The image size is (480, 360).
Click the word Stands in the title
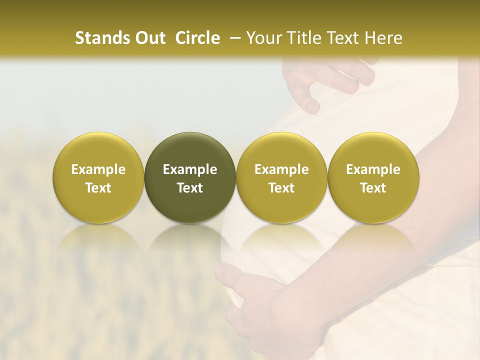(102, 38)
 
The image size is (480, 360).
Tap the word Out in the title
(149, 38)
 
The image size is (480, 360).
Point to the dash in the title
(233, 38)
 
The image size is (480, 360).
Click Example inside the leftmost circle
(98, 169)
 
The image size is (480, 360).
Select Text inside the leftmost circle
(98, 188)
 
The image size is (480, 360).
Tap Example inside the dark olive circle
(190, 169)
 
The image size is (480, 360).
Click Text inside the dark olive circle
(190, 188)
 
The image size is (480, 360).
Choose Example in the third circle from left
(281, 169)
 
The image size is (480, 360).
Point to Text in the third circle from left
(281, 188)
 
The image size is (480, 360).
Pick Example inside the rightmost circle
(373, 169)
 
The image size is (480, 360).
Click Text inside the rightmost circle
(373, 188)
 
